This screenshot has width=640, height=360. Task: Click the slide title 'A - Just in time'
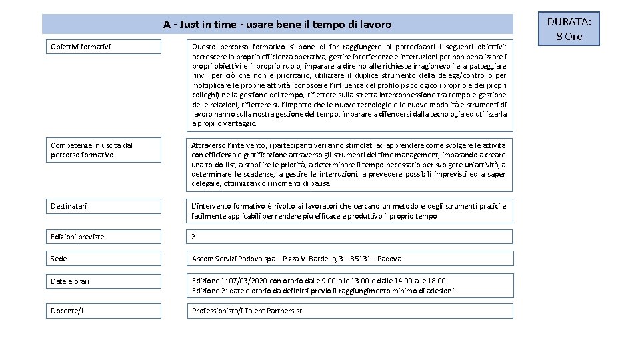coord(277,25)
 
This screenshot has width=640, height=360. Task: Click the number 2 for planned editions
coord(193,237)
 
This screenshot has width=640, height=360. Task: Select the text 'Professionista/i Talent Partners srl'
coord(247,311)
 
